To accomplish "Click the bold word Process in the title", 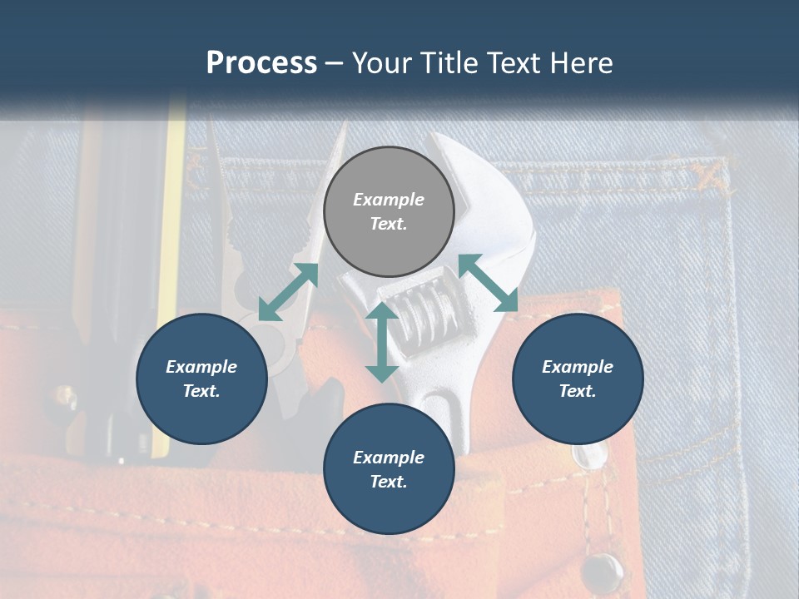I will [x=261, y=62].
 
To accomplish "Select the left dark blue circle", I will [x=201, y=379].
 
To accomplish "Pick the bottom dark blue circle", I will [x=389, y=468].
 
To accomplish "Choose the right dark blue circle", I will [x=578, y=379].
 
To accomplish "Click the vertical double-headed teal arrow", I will [x=382, y=342].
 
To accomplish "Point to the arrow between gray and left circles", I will [x=288, y=292].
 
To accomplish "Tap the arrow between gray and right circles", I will [x=489, y=283].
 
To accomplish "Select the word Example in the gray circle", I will [x=389, y=200].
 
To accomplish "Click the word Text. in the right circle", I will [x=578, y=391].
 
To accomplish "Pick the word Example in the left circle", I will [x=201, y=367].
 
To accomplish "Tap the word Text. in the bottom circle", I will [x=389, y=482].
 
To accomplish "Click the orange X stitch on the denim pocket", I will [x=710, y=173].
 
